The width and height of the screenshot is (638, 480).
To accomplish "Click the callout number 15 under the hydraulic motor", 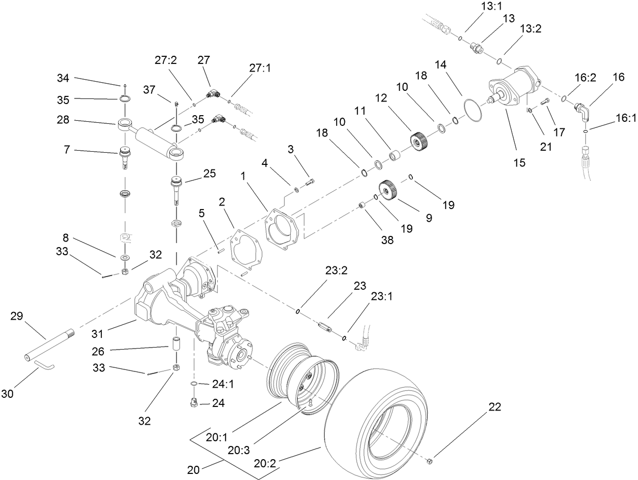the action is (x=519, y=163).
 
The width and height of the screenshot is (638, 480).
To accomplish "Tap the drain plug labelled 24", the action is (x=193, y=403).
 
